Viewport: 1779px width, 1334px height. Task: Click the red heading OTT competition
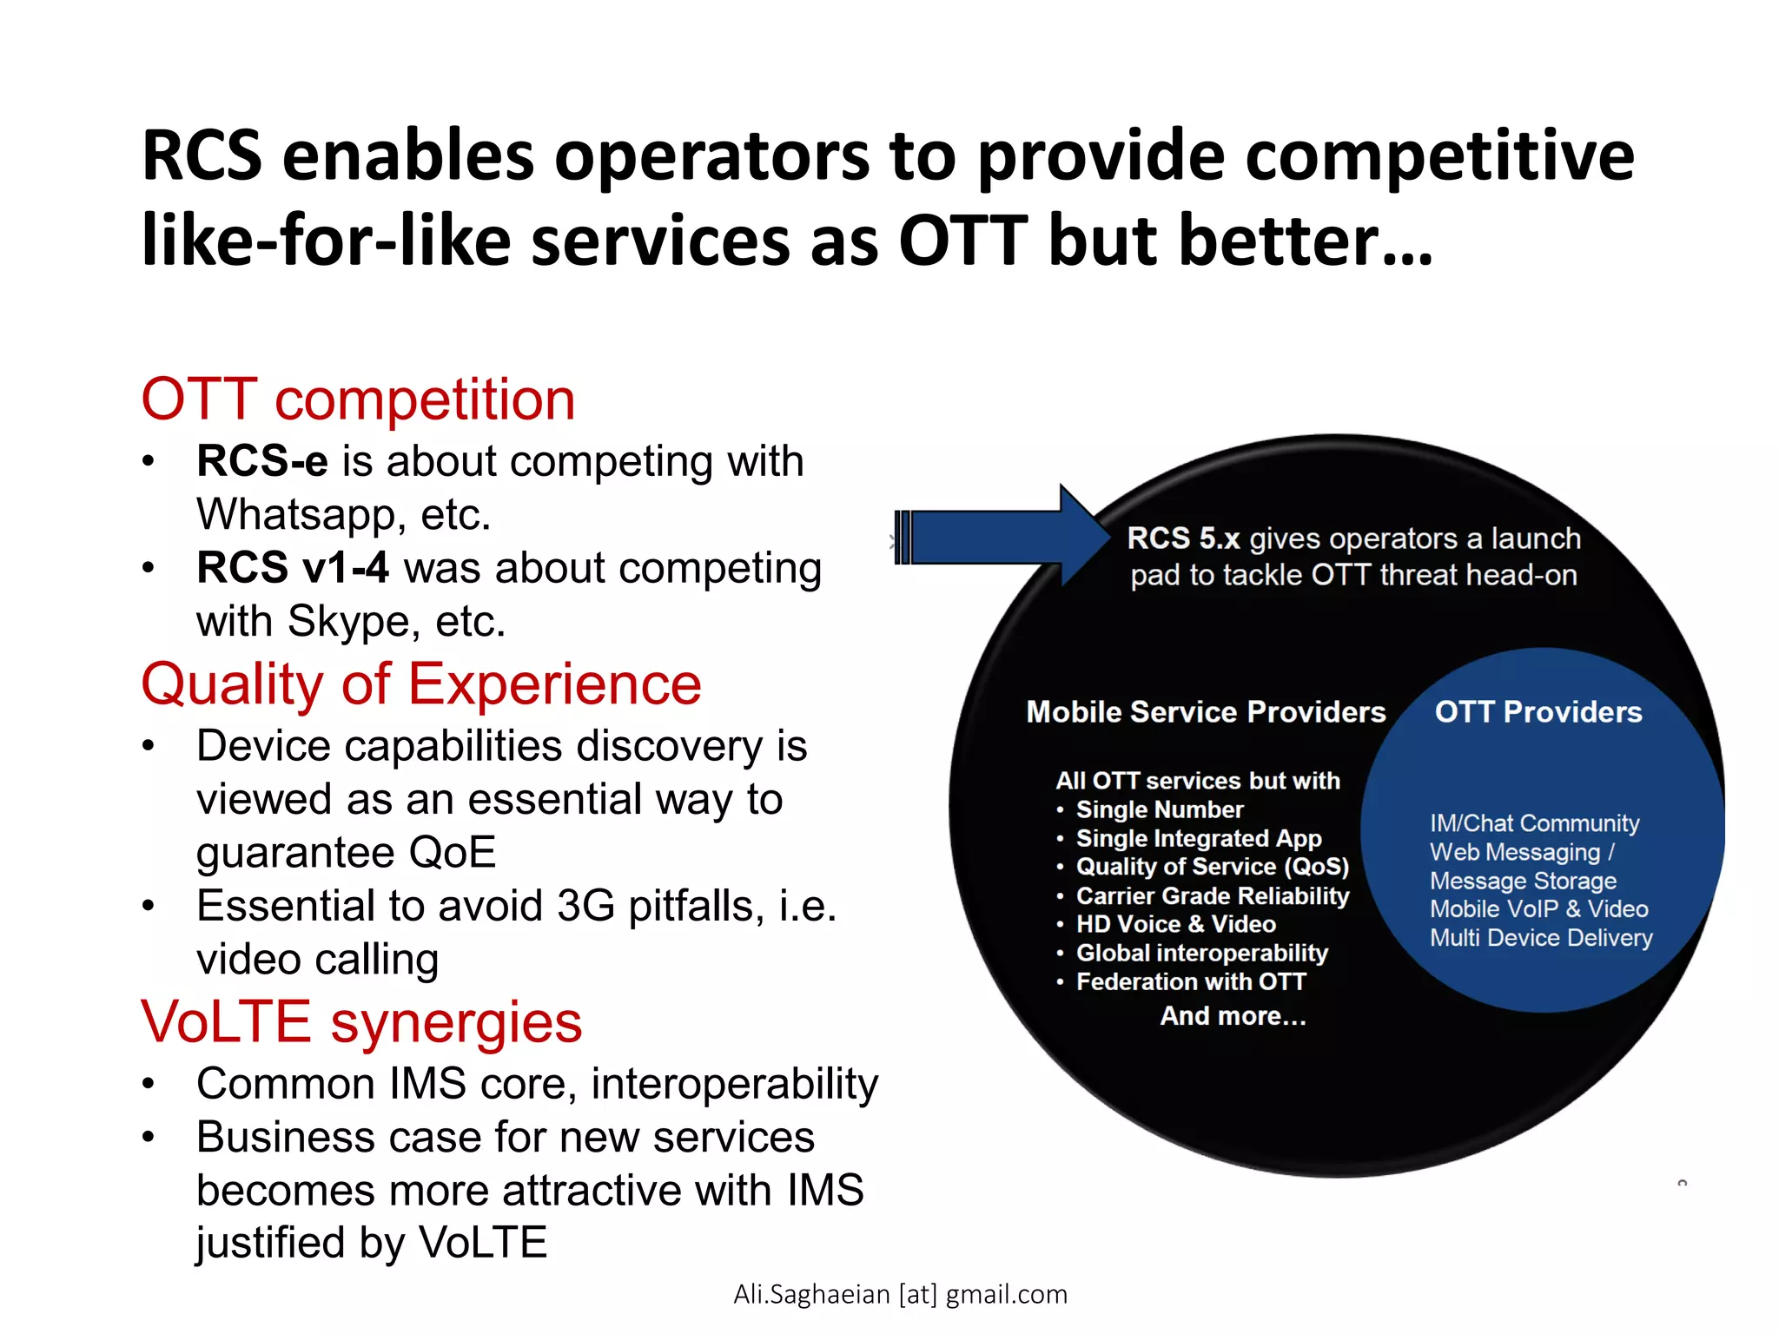358,400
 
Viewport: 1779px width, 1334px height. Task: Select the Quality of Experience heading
420,684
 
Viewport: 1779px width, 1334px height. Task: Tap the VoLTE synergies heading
361,1021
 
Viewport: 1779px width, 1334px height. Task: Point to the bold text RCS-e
261,461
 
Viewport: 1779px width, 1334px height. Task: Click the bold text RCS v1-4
292,568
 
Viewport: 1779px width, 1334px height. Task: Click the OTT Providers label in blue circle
1538,712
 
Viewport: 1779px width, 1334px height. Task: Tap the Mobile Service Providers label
1205,712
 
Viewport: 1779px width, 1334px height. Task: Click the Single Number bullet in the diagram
1159,809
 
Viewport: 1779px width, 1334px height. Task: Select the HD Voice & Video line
1175,924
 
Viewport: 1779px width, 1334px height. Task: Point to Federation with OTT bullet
1190,981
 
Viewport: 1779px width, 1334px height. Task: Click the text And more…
1233,1015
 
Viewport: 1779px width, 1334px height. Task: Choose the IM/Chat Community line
1534,822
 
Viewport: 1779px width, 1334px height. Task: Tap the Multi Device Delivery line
1541,938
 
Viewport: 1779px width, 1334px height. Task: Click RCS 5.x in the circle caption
1182,538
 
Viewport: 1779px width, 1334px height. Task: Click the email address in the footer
900,1294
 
